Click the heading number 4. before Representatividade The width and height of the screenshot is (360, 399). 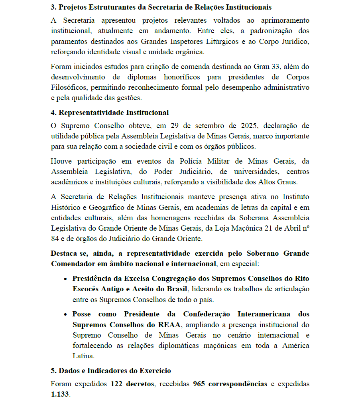click(x=53, y=113)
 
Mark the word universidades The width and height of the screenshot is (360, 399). click(x=251, y=172)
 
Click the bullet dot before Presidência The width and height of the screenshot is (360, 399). click(x=66, y=278)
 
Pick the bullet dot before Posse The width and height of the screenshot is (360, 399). click(x=66, y=314)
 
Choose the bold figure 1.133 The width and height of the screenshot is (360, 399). click(x=60, y=394)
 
